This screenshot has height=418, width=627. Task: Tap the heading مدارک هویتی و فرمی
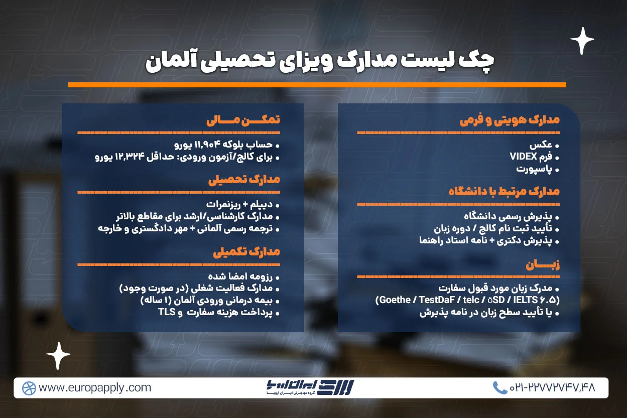click(509, 120)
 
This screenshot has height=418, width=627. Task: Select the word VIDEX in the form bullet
click(524, 157)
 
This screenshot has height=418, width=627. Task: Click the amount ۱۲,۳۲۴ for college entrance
click(131, 157)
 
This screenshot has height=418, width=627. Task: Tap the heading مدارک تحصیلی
click(244, 180)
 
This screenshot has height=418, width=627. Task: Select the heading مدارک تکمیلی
click(246, 252)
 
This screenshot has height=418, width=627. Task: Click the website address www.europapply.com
click(94, 387)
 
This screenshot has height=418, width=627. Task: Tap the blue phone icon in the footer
click(499, 387)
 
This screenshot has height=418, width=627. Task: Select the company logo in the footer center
click(310, 387)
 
